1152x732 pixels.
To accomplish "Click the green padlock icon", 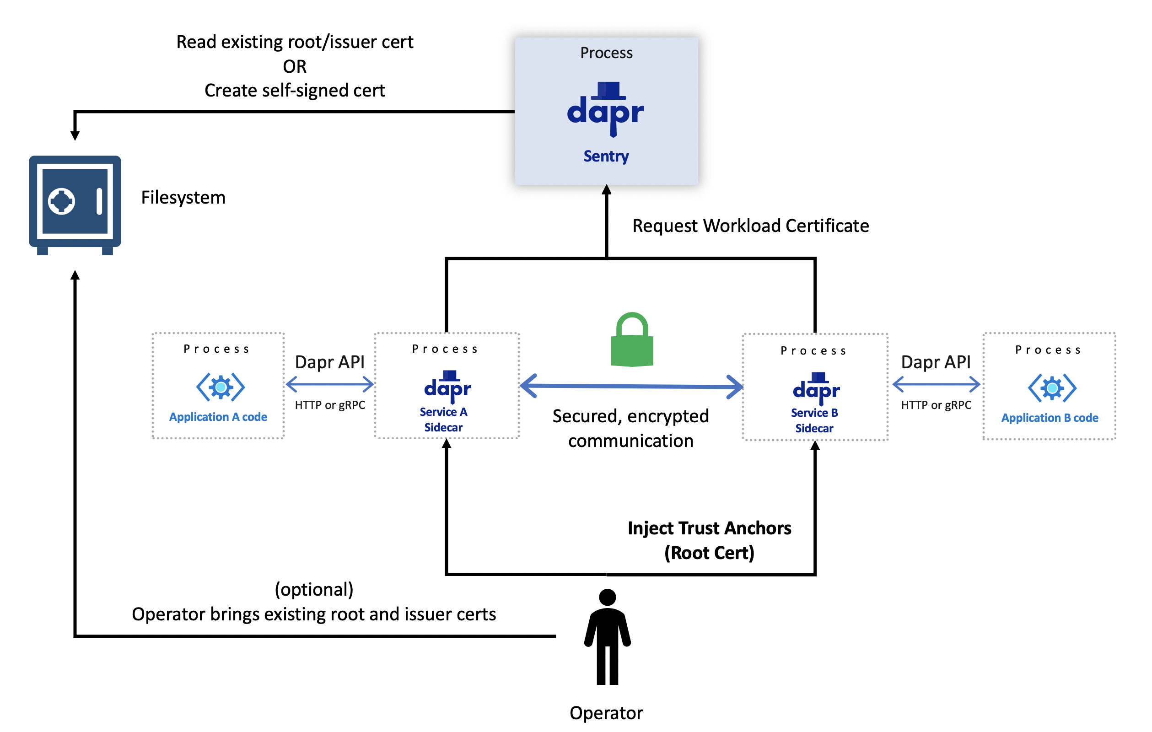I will click(x=632, y=341).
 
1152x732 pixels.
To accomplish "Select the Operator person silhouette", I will click(x=607, y=637).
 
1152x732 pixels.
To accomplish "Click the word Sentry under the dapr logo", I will click(x=606, y=156).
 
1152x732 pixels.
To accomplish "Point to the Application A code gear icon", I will click(x=221, y=387).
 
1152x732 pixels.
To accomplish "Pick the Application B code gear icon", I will click(x=1052, y=388).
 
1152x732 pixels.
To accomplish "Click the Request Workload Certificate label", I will click(x=750, y=226).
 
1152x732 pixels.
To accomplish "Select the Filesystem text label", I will click(x=183, y=198).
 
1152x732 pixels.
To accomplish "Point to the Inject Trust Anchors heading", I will click(x=709, y=528).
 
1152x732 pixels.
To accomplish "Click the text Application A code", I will click(x=218, y=417).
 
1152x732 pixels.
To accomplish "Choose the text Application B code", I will click(x=1050, y=418).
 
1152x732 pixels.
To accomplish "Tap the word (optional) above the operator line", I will click(x=314, y=589).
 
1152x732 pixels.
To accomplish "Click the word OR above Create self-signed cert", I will click(x=294, y=66).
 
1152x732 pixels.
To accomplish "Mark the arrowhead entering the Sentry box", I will click(x=607, y=189).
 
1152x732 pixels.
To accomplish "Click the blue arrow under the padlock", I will click(x=631, y=386).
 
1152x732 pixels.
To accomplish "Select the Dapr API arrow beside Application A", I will click(x=329, y=384).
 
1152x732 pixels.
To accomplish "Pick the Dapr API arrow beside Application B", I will click(x=936, y=384).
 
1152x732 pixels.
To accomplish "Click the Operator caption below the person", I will click(x=606, y=713).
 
